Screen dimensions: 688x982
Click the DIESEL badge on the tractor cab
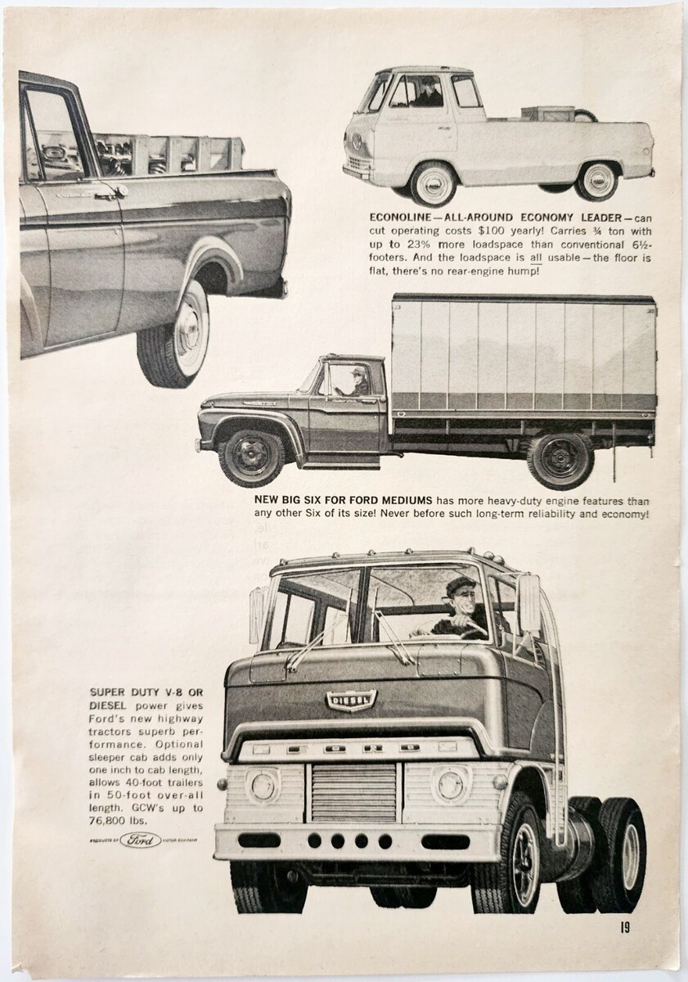[351, 700]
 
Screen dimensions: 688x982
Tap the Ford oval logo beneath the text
[141, 840]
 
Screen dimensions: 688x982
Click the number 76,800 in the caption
[106, 821]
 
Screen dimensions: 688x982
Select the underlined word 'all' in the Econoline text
[536, 257]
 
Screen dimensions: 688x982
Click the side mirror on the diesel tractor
[529, 603]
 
